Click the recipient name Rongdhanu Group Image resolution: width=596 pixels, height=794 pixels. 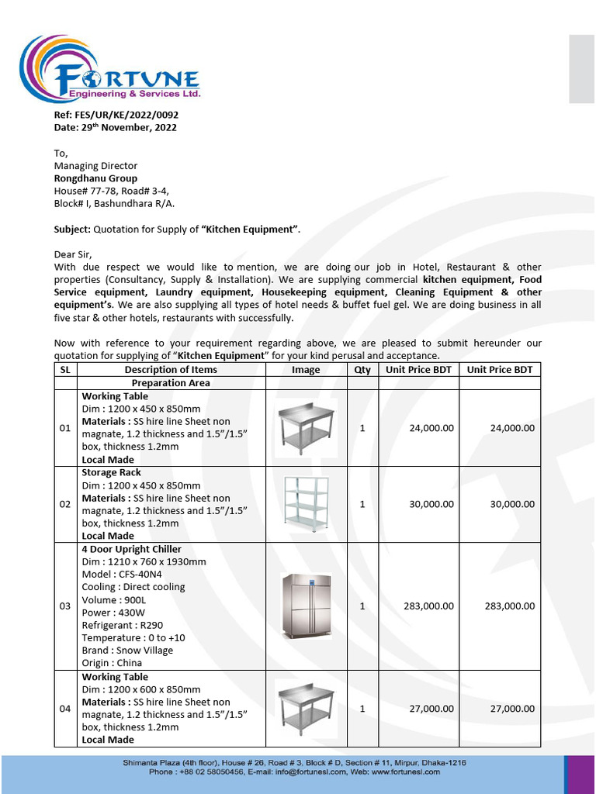tap(95, 178)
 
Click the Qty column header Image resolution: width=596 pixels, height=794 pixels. tap(362, 370)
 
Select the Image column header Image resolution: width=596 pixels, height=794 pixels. tap(306, 370)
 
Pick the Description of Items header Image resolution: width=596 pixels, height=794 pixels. tap(171, 370)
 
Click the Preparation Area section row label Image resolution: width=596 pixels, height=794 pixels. tap(171, 383)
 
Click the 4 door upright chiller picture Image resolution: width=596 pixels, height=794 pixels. tap(306, 606)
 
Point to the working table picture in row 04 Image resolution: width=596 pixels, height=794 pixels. tap(306, 707)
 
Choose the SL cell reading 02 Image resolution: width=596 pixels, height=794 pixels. tap(65, 505)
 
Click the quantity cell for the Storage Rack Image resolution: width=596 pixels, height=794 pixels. tap(362, 505)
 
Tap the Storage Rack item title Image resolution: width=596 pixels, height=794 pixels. tap(112, 473)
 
